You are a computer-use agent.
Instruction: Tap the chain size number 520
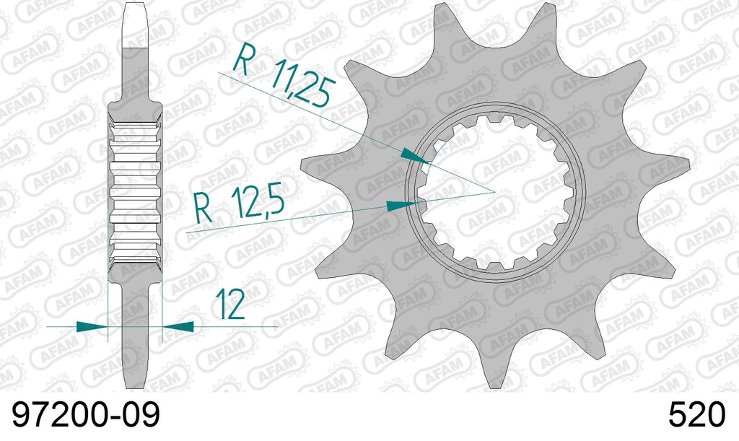click(696, 417)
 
